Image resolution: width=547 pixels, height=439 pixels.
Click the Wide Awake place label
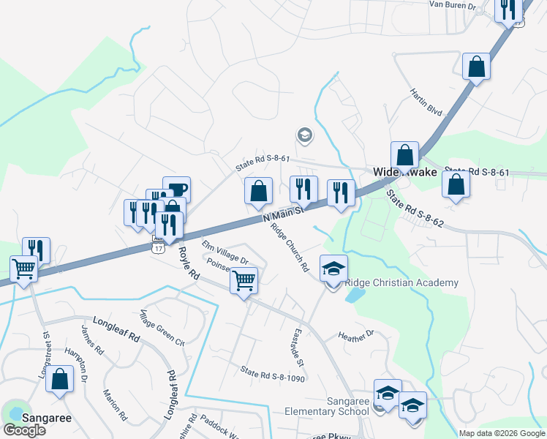405,173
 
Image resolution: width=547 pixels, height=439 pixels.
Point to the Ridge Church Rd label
290,247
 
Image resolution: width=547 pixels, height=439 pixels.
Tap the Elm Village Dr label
225,252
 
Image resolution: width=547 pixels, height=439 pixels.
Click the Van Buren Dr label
452,5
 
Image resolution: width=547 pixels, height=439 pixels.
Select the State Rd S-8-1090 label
272,374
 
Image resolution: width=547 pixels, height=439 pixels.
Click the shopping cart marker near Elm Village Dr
244,279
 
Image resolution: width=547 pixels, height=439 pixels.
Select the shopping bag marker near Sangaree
60,380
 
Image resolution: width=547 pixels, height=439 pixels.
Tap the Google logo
25,430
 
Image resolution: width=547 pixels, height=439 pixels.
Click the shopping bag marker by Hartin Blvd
476,67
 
